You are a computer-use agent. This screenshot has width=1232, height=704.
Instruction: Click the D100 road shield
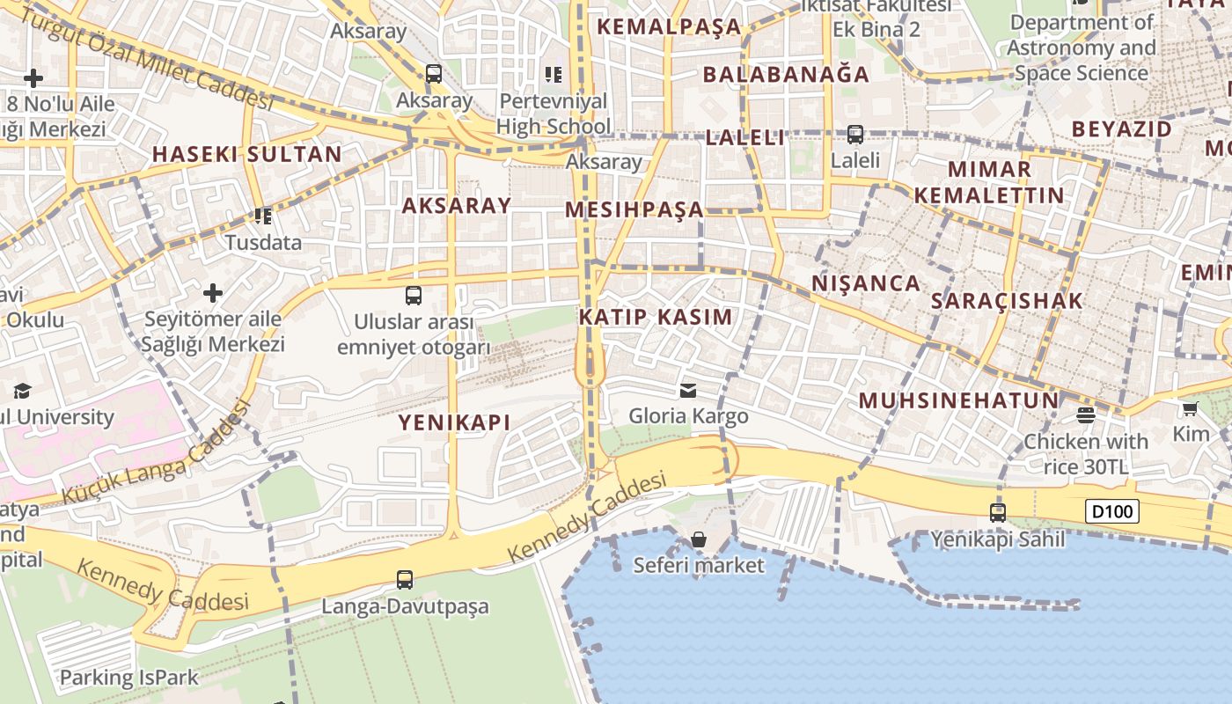(1112, 511)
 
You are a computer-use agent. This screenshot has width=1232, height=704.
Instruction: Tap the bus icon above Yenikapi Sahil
(998, 512)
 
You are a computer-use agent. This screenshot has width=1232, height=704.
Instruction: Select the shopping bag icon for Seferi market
(699, 539)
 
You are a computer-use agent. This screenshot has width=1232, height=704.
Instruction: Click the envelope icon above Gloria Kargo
(688, 390)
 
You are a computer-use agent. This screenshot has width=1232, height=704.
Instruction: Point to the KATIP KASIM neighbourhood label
(656, 317)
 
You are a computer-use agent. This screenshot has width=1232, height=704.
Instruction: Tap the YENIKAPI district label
(454, 422)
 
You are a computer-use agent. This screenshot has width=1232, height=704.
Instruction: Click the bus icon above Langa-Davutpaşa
(405, 580)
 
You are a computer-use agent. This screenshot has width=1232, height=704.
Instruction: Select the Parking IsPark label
(128, 678)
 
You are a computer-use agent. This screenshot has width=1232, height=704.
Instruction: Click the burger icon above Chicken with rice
(1086, 415)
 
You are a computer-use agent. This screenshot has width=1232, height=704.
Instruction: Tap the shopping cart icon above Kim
(1191, 408)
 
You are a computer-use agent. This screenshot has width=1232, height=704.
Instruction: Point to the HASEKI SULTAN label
(246, 154)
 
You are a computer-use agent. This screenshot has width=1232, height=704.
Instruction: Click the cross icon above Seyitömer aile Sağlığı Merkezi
(213, 292)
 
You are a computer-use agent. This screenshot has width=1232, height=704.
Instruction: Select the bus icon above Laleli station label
(855, 135)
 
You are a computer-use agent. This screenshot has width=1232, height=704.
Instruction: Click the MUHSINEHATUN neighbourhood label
(958, 401)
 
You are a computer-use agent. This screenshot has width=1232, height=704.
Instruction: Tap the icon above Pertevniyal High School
(553, 75)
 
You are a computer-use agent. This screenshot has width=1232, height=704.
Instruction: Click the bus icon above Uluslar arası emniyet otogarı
(414, 296)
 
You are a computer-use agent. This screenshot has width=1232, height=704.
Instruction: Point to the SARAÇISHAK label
(1007, 301)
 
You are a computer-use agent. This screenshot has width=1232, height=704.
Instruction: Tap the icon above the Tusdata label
(262, 216)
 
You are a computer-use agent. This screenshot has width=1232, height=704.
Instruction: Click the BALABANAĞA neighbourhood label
(786, 74)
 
